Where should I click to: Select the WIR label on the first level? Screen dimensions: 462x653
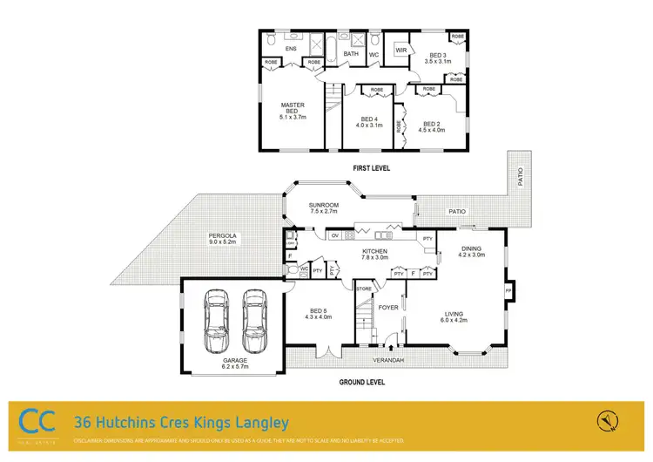point(401,51)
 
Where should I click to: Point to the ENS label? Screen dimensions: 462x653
point(290,49)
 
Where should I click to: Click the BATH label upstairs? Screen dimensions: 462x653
point(351,54)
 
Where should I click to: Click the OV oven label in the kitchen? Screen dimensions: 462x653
point(333,235)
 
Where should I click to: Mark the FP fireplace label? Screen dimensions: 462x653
point(508,290)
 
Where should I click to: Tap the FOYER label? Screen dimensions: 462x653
point(387,306)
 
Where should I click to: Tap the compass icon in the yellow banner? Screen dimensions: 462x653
point(606,422)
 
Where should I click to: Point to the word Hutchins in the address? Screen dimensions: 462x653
point(133,423)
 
